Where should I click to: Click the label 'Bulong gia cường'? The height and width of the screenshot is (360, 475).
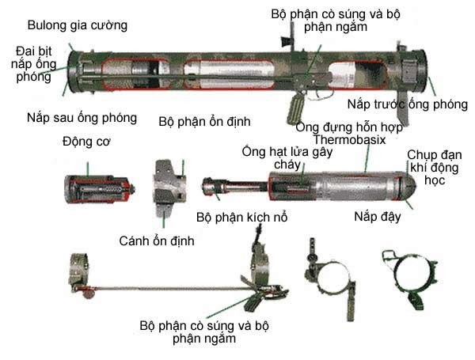point(78,25)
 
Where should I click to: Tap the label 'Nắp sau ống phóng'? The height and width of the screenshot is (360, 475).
point(80,118)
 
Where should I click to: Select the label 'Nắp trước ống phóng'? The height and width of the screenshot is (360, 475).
point(401,104)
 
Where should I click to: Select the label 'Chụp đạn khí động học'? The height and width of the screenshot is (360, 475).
point(433,168)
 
